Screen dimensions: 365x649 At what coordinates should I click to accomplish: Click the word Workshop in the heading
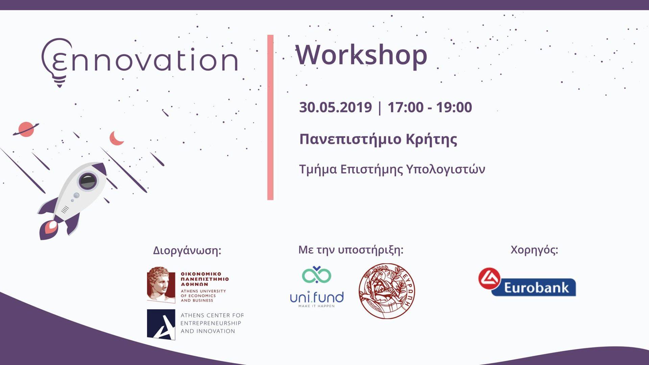(361, 55)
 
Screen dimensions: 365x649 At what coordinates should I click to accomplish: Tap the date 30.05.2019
(335, 107)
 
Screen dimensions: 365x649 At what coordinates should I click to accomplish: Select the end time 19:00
(454, 107)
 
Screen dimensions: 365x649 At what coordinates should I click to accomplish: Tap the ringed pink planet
(26, 129)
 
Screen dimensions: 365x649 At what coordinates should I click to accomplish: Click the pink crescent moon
(116, 138)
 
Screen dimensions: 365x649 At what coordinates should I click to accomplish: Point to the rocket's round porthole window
(88, 181)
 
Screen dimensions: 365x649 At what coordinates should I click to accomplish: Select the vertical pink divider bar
(270, 117)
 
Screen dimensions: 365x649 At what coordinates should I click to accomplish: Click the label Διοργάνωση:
(187, 250)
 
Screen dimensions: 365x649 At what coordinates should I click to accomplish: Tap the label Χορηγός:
(534, 250)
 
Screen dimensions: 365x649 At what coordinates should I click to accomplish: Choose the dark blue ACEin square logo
(161, 324)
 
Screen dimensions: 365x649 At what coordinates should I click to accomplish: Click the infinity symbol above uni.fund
(316, 275)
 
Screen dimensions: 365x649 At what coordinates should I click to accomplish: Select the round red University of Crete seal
(387, 291)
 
